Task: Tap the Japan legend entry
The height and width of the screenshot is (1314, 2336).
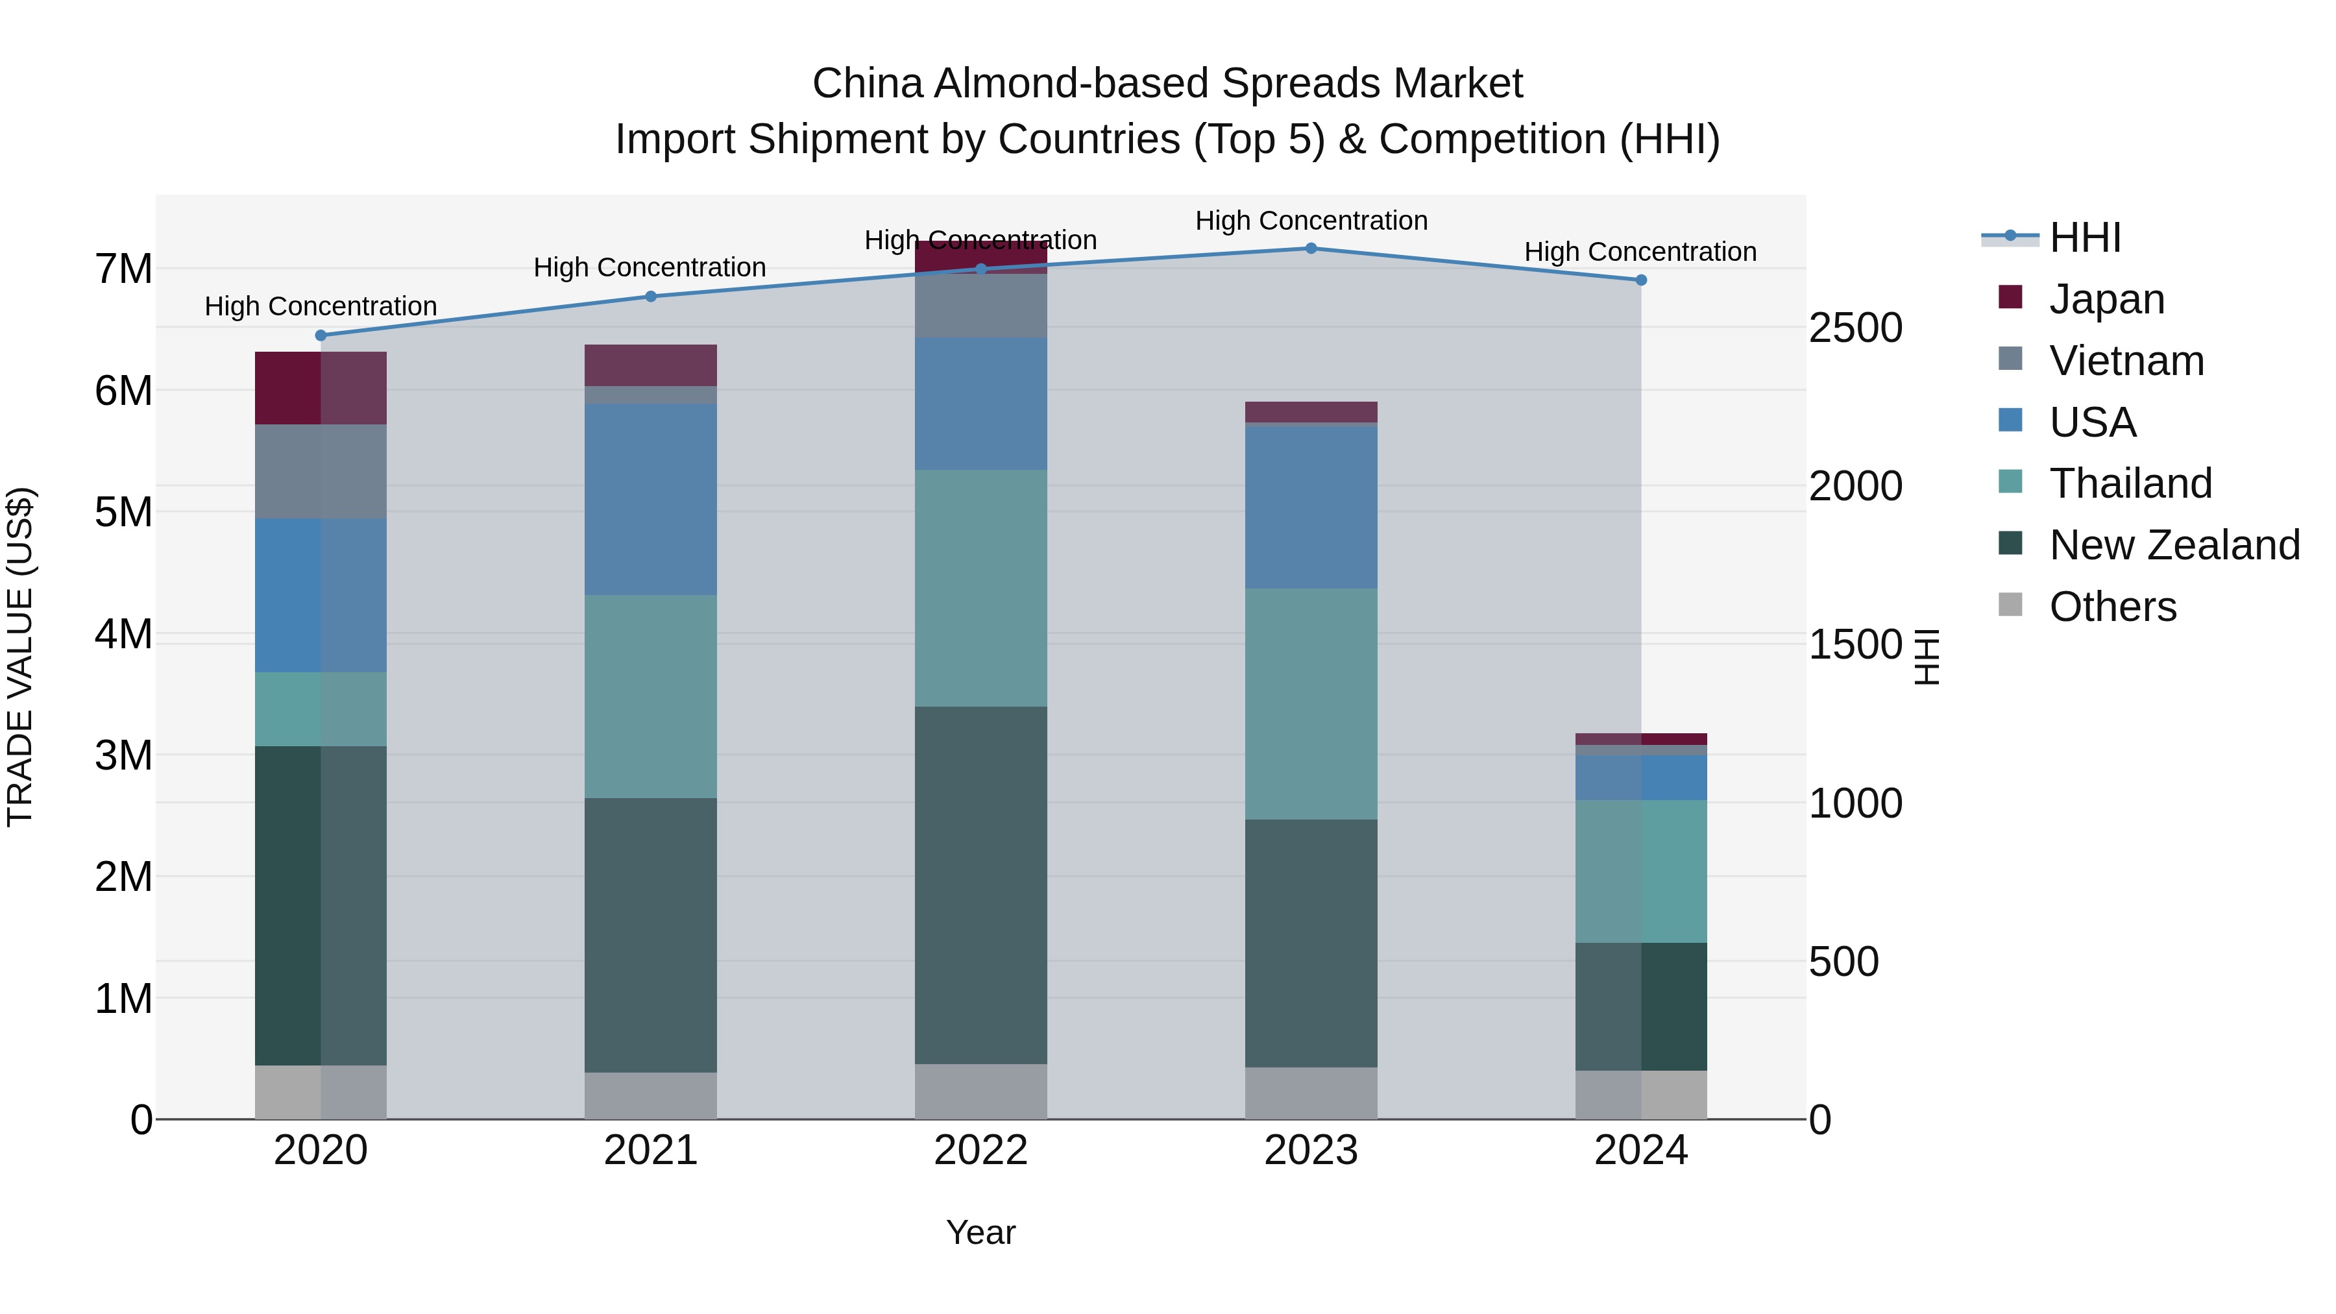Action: click(2106, 298)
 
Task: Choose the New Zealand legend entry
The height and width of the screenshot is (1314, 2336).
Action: click(2174, 545)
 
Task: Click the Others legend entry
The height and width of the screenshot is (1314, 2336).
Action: click(2112, 607)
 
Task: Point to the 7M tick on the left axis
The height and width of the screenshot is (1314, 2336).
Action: click(123, 269)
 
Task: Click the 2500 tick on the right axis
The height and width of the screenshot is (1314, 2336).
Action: click(1855, 328)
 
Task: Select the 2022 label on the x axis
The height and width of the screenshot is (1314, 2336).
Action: click(980, 1150)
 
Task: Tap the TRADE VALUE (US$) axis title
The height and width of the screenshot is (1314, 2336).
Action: click(20, 657)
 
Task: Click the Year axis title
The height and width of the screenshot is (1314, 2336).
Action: click(980, 1232)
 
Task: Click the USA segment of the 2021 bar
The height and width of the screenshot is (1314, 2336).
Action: click(650, 499)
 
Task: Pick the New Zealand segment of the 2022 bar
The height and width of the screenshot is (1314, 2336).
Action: click(980, 884)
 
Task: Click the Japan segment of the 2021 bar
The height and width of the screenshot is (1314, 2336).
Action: click(650, 365)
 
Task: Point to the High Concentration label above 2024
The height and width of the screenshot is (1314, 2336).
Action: click(1640, 252)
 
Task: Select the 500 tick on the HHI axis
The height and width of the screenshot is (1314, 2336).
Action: click(1843, 962)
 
